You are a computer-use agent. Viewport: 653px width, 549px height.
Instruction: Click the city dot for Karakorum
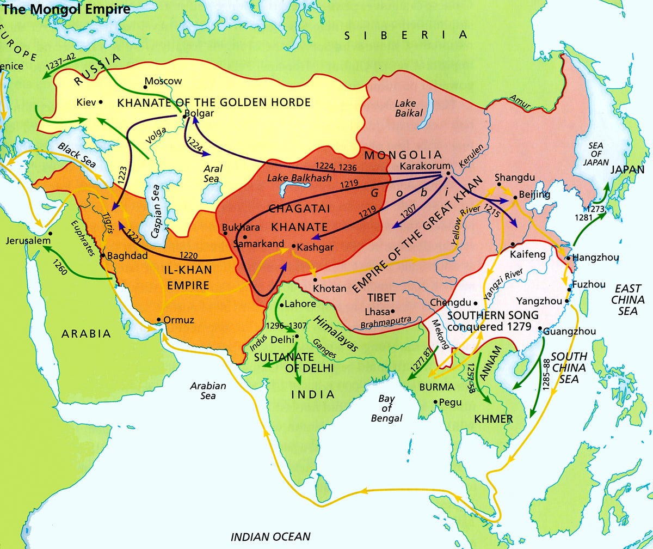[447, 174]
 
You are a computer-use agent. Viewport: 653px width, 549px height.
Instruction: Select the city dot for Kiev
[101, 102]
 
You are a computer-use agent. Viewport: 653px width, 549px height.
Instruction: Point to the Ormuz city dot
[158, 320]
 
